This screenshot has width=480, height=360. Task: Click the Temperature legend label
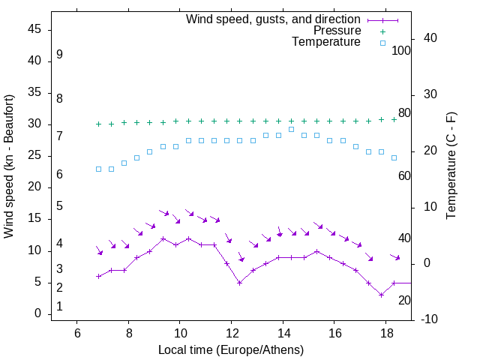tap(326, 42)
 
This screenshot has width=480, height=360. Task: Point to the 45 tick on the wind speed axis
tap(34, 29)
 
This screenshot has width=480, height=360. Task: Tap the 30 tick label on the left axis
tap(34, 124)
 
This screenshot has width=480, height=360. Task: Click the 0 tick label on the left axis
tap(37, 313)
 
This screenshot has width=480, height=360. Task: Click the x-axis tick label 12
tap(231, 333)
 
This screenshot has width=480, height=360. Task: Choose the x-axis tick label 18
tap(385, 333)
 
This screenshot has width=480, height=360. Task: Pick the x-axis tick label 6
tap(77, 333)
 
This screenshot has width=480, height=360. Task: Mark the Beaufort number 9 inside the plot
tap(59, 55)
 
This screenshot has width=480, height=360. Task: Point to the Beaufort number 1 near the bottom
tap(59, 307)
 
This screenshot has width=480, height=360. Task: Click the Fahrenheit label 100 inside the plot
tap(401, 50)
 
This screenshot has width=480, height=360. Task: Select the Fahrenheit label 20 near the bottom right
tap(404, 300)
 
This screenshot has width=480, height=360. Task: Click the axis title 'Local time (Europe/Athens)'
tap(231, 349)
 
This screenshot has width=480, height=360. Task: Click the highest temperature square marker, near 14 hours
tap(291, 130)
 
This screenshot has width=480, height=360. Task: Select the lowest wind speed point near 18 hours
tap(381, 295)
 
